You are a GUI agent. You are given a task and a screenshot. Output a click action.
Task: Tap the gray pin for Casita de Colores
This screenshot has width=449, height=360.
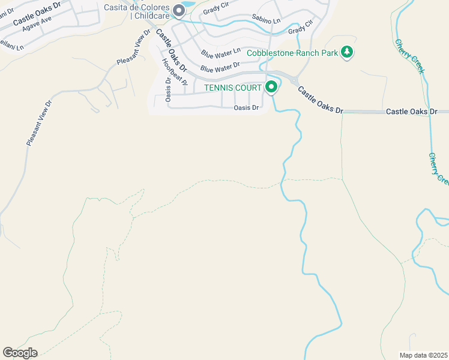(179, 10)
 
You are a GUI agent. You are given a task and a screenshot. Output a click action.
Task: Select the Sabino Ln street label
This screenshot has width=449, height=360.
(266, 20)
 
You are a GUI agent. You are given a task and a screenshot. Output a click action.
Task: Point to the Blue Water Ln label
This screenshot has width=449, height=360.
(220, 53)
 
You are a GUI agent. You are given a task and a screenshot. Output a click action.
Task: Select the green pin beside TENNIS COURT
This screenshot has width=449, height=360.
(271, 88)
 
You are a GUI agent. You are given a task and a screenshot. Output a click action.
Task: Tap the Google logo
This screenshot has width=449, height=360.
(20, 353)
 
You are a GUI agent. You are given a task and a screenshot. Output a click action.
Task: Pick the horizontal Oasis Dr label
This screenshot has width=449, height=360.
(246, 108)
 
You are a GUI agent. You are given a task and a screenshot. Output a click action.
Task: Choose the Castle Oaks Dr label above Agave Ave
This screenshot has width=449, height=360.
(37, 13)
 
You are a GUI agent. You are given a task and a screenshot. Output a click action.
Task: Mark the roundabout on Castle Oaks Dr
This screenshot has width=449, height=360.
(292, 80)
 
